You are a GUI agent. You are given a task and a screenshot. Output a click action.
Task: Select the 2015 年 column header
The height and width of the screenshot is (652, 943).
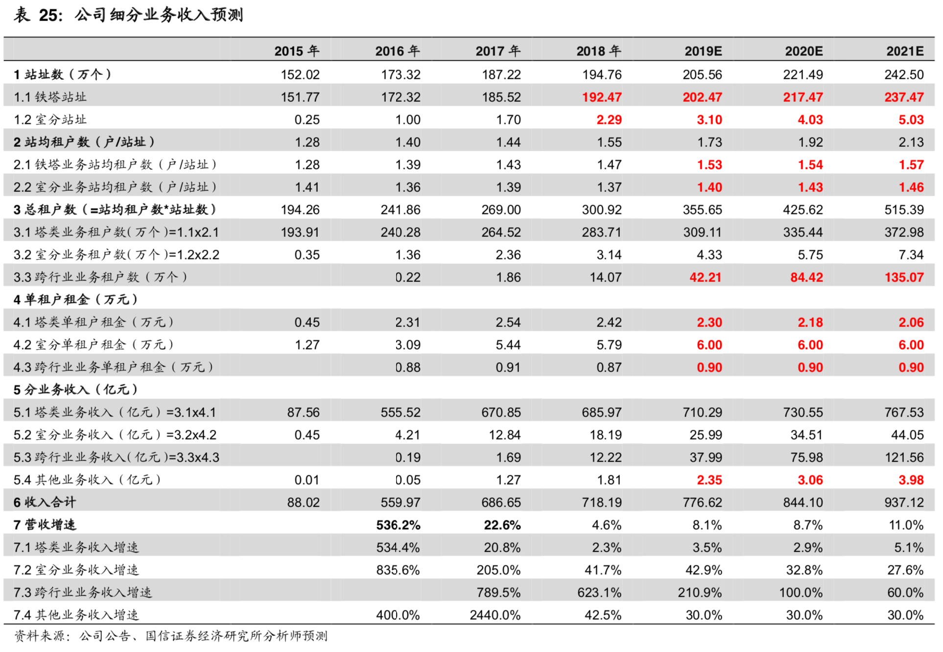pyautogui.click(x=297, y=51)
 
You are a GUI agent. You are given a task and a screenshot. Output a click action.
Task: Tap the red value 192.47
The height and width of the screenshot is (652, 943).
pyautogui.click(x=601, y=97)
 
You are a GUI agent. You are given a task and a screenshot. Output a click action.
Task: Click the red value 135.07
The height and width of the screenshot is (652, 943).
pyautogui.click(x=904, y=277)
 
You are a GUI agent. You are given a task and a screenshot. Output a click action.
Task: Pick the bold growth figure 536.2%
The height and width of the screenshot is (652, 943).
pyautogui.click(x=398, y=525)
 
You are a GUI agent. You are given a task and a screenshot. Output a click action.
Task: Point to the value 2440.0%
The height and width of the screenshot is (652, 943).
pyautogui.click(x=495, y=615)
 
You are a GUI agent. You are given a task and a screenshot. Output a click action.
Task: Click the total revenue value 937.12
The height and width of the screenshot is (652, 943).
pyautogui.click(x=904, y=502)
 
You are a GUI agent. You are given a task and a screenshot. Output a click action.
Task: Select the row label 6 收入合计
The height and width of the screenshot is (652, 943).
pyautogui.click(x=45, y=502)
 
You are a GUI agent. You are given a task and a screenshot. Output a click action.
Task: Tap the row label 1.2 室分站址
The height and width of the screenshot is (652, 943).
pyautogui.click(x=50, y=119)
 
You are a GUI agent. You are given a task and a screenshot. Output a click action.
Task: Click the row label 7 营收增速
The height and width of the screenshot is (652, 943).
pyautogui.click(x=45, y=525)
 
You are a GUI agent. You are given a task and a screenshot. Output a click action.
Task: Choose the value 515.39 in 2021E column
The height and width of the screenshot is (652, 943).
pyautogui.click(x=904, y=210)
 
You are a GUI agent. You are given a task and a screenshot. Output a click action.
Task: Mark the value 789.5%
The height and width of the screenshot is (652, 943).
pyautogui.click(x=498, y=592)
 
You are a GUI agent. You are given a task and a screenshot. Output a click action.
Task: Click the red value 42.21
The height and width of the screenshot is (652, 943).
pyautogui.click(x=705, y=277)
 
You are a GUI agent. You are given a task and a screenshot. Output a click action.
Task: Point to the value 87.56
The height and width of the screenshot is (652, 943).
pyautogui.click(x=303, y=412)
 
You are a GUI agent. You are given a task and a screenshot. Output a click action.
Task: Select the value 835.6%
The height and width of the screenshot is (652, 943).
pyautogui.click(x=398, y=570)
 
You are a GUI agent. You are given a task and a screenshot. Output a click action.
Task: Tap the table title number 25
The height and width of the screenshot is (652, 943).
pyautogui.click(x=49, y=15)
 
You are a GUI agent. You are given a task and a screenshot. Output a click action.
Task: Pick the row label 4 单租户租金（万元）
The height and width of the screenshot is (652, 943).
pyautogui.click(x=76, y=300)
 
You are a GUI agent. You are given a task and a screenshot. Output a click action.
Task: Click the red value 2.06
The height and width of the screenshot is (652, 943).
pyautogui.click(x=911, y=322)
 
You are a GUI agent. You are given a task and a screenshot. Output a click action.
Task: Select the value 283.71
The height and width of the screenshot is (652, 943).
pyautogui.click(x=601, y=232)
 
